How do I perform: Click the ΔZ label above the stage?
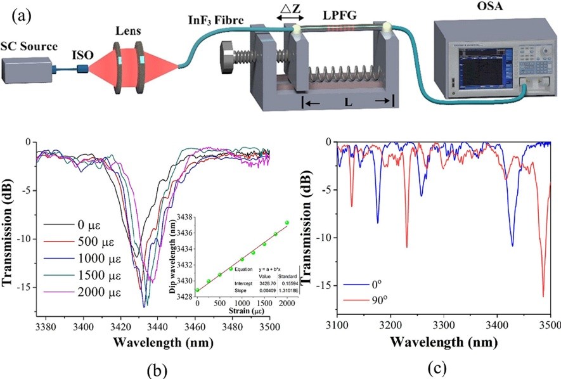point(292,8)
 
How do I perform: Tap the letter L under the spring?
point(348,101)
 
